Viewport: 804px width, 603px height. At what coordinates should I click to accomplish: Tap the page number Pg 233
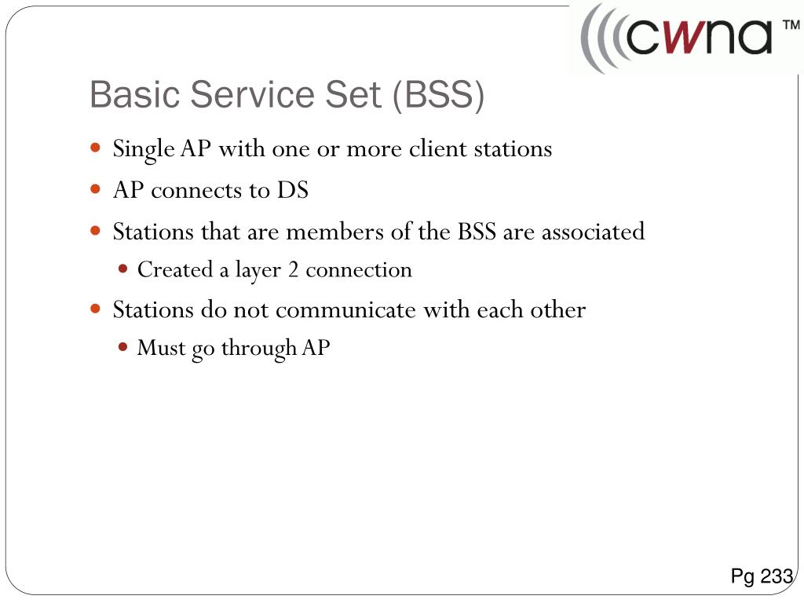[x=761, y=577]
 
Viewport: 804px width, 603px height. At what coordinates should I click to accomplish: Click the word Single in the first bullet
[x=144, y=149]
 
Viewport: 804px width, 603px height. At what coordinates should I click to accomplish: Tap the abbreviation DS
[x=291, y=191]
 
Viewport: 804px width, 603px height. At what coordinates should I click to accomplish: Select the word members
[x=331, y=232]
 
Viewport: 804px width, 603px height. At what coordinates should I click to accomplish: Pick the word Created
[x=175, y=270]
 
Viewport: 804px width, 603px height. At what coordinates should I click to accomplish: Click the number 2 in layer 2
[x=293, y=270]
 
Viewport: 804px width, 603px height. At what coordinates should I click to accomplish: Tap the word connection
[x=359, y=270]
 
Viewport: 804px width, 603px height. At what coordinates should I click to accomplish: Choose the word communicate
[x=346, y=310]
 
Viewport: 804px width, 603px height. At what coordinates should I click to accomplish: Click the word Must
[x=161, y=348]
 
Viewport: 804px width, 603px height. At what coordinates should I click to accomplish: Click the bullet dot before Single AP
[x=95, y=148]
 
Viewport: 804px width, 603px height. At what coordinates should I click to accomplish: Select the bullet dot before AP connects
[x=95, y=189]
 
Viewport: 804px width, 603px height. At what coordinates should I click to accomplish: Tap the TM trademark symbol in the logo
[x=790, y=27]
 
